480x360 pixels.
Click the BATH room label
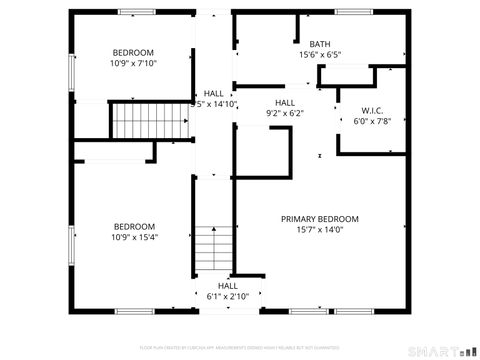click(319, 44)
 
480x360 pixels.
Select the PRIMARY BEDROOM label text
click(319, 219)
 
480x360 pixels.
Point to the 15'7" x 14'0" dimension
click(319, 229)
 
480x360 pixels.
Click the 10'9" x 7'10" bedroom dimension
click(133, 62)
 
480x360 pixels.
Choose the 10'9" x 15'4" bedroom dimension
click(133, 237)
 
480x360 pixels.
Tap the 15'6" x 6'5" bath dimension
click(319, 55)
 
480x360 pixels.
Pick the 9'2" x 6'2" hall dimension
click(285, 113)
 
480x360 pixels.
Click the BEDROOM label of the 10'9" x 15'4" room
click(133, 226)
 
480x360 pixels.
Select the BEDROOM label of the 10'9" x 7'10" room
click(133, 52)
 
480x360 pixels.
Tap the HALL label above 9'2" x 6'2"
click(285, 102)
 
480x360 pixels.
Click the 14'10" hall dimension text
click(214, 103)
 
